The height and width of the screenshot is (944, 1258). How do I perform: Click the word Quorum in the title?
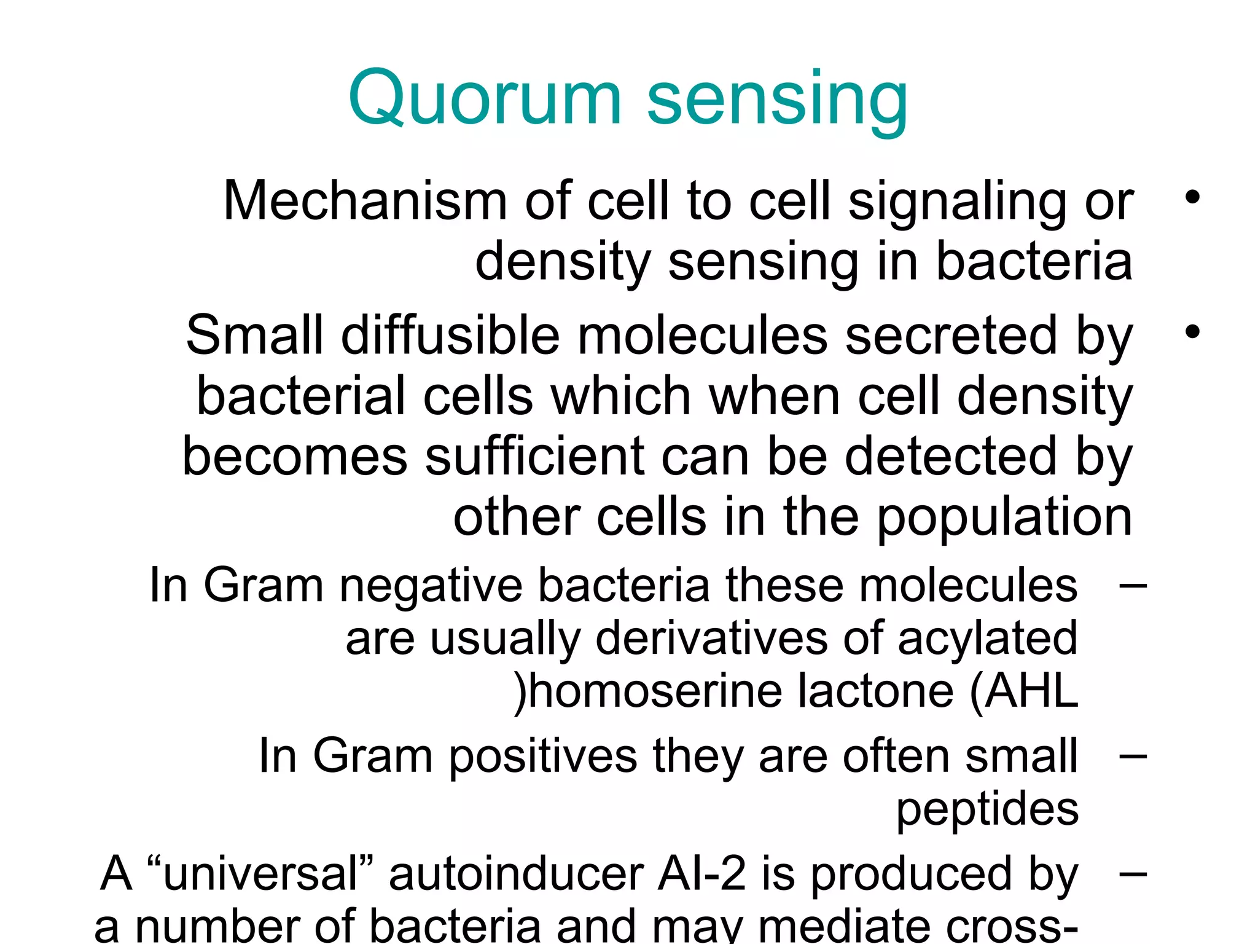(485, 98)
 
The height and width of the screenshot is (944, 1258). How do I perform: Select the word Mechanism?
(365, 201)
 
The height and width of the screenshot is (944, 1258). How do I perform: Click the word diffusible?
(450, 336)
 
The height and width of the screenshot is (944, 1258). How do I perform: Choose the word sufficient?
(534, 456)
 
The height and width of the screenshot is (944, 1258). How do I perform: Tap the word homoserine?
(655, 692)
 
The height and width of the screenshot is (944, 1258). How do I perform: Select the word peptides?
(987, 810)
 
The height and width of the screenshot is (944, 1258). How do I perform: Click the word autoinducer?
(516, 874)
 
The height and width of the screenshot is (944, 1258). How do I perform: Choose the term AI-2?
(701, 874)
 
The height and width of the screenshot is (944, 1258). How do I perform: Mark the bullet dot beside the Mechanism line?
(1192, 198)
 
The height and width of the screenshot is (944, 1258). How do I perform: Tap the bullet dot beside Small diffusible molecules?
(1192, 332)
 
